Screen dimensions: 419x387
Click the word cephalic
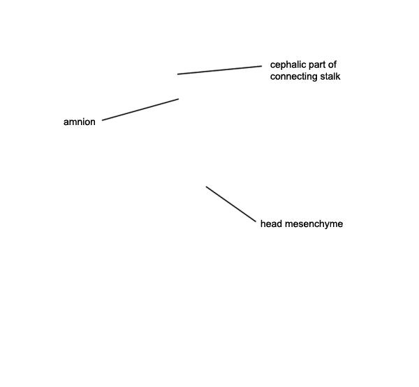coord(287,65)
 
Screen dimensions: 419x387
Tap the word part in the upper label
coord(316,65)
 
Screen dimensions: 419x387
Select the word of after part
coord(332,64)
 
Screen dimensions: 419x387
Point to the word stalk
coord(330,76)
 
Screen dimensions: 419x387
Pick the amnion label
coord(80,122)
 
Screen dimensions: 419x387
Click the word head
coord(271,224)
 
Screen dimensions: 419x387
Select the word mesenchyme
coord(314,224)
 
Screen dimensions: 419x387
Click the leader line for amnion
coord(140,110)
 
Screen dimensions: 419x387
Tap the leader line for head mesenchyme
coord(231,204)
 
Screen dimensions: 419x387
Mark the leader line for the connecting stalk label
coord(220,70)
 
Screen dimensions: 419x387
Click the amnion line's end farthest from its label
coord(179,99)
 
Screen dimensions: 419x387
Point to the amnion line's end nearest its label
coord(103,120)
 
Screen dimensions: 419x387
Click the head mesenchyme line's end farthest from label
coord(206,187)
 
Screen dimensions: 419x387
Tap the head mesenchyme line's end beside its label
coord(256,221)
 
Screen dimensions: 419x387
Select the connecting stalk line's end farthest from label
coord(177,74)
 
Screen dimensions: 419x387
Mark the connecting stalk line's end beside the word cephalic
coord(262,66)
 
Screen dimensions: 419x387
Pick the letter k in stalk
coord(338,76)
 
